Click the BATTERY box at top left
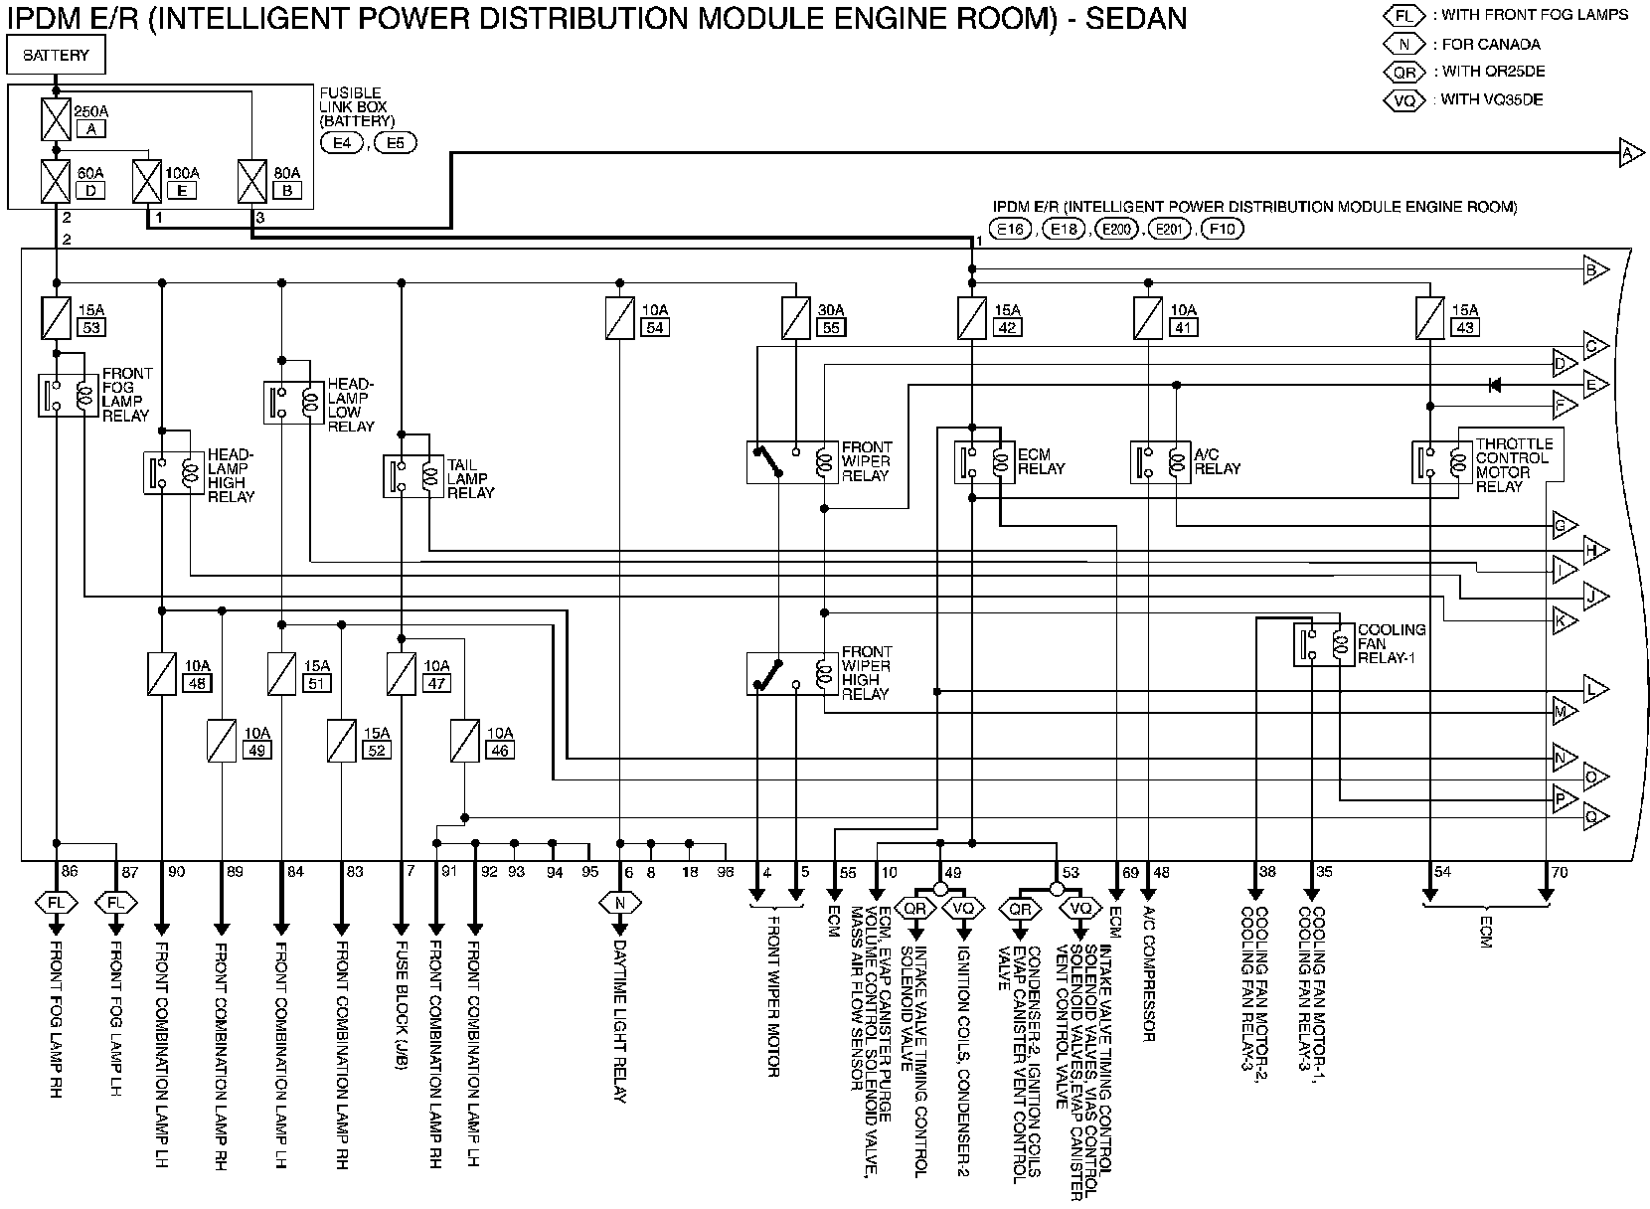coord(56,56)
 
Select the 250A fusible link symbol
coord(56,119)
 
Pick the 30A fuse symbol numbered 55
coord(796,318)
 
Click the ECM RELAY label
coord(1041,462)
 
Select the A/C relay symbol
coord(1159,462)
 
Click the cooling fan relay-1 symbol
coord(1323,644)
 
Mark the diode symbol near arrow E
coord(1493,385)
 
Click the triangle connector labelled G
coord(1564,524)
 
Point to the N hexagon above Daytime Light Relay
coord(620,904)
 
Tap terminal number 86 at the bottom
coord(70,872)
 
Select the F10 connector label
coord(1222,230)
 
